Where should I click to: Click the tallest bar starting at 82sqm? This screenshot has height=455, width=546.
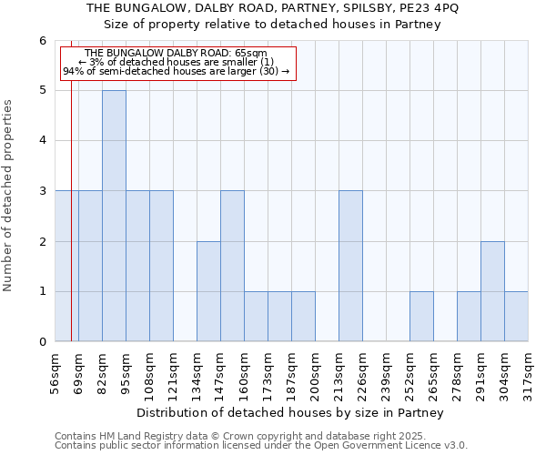pyautogui.click(x=114, y=216)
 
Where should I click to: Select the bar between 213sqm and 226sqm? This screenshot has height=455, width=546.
pyautogui.click(x=350, y=266)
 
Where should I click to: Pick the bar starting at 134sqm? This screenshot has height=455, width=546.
pyautogui.click(x=208, y=291)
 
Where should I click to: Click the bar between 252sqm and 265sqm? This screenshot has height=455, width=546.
pyautogui.click(x=421, y=317)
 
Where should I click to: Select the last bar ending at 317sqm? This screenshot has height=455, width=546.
pyautogui.click(x=516, y=317)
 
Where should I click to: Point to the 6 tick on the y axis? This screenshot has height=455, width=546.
pyautogui.click(x=42, y=41)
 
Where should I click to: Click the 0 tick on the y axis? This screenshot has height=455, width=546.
pyautogui.click(x=42, y=342)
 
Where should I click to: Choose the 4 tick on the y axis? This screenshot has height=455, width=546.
pyautogui.click(x=42, y=141)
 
